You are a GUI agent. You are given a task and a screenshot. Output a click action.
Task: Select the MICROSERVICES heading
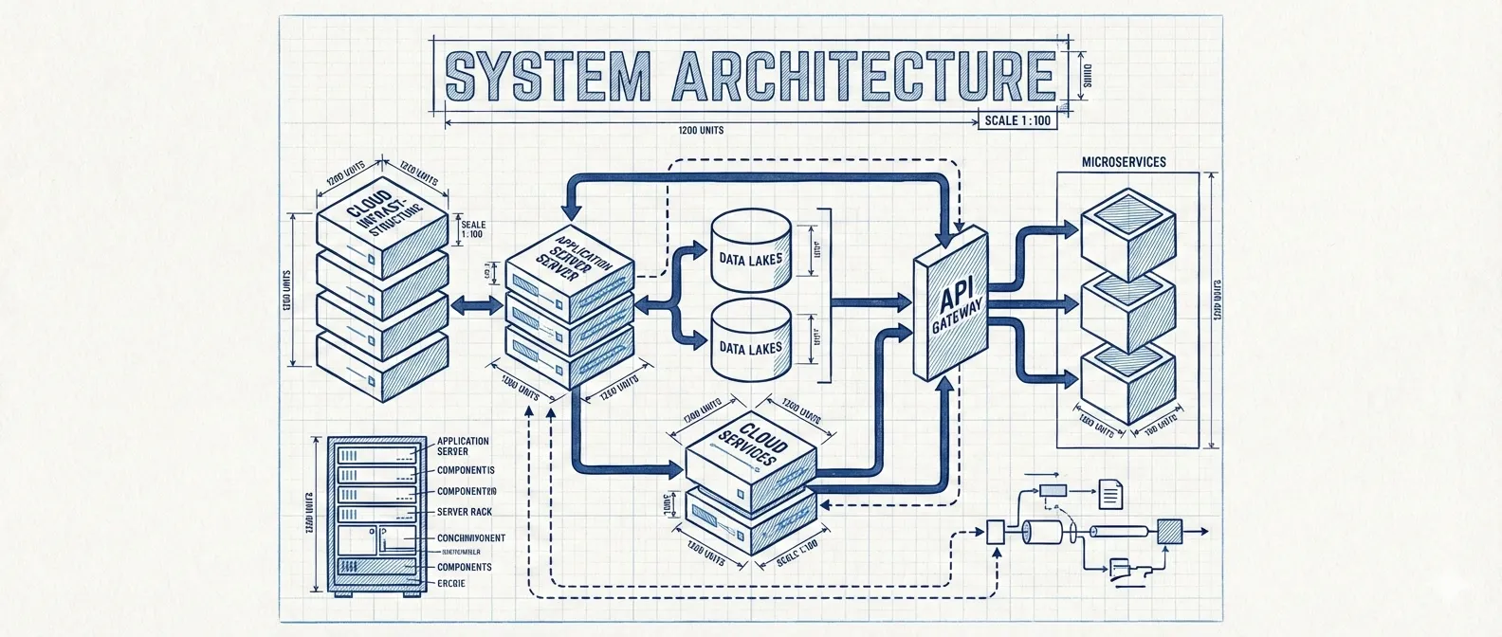(1124, 162)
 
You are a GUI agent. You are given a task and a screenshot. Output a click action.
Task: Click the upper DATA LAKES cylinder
(750, 252)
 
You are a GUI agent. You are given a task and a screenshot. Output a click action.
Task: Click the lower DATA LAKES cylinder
(750, 343)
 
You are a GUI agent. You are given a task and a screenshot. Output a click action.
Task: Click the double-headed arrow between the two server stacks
(478, 305)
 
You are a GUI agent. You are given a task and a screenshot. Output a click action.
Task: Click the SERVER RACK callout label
(464, 512)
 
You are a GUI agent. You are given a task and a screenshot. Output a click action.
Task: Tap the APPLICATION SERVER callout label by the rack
(463, 446)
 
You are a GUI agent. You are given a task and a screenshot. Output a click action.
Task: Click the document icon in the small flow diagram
(1109, 491)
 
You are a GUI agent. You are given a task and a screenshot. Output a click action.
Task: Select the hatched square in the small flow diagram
(1170, 531)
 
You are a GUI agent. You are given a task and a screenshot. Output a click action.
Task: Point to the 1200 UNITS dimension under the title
(702, 131)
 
